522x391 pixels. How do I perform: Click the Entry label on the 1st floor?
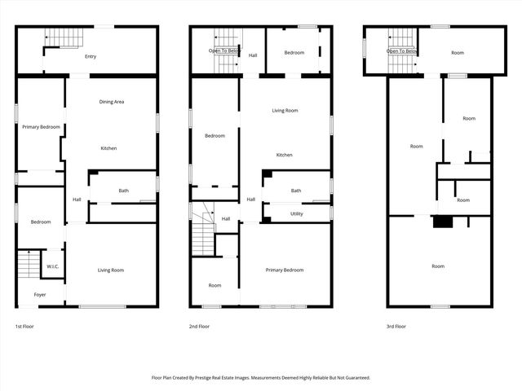[x=90, y=56]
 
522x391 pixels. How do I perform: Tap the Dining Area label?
[x=112, y=102]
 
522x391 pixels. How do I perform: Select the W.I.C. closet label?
[x=52, y=266]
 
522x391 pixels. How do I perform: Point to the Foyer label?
[x=40, y=294]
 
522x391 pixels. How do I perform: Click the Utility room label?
[x=296, y=213]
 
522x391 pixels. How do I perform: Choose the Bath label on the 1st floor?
[x=123, y=191]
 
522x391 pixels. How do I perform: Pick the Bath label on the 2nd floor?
[x=296, y=191]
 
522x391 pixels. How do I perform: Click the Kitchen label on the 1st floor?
[x=108, y=148]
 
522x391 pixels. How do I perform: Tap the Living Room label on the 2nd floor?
[x=285, y=110]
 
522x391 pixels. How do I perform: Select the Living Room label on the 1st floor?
[x=111, y=270]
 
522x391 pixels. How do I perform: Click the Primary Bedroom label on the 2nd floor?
[x=285, y=270]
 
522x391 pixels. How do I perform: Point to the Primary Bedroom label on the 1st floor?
[x=41, y=127]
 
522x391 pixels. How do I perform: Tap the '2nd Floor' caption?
[x=200, y=327]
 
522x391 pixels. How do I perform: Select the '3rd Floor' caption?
[x=397, y=327]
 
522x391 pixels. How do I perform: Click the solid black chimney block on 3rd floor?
[x=443, y=222]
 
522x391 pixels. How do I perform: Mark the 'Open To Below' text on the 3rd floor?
[x=402, y=51]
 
